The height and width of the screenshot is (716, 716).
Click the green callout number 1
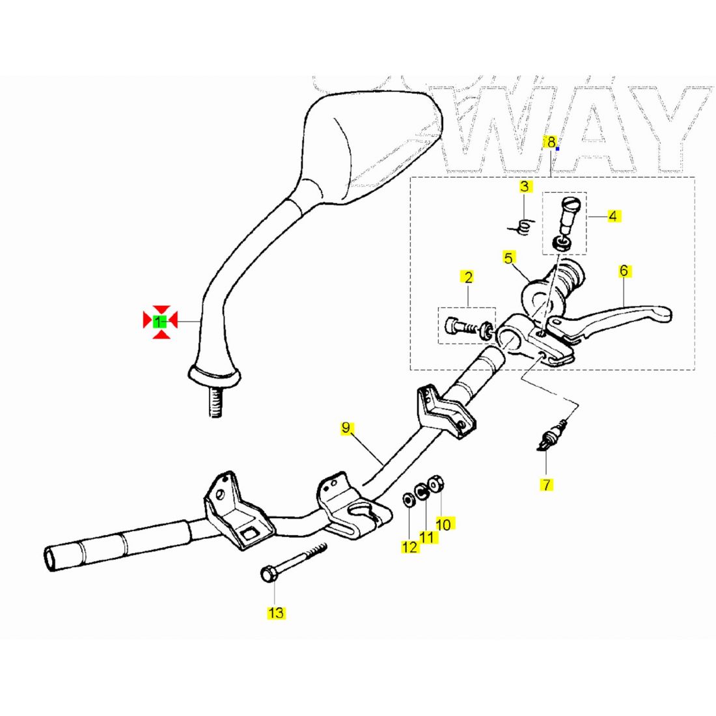tap(159, 321)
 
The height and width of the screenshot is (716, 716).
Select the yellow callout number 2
tap(467, 277)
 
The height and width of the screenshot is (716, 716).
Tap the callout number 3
tap(525, 187)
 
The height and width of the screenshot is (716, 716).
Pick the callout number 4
tap(613, 215)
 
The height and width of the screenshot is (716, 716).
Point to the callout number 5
tap(508, 258)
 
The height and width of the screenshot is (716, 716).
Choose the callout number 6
tap(624, 270)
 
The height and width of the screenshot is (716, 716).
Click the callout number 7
tap(546, 484)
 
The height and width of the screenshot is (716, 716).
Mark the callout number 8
tap(551, 142)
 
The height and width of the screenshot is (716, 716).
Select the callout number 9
tap(346, 428)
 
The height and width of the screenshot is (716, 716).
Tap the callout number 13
tap(275, 613)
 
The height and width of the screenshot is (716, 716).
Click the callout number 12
tap(409, 547)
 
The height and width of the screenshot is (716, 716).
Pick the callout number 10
tap(443, 523)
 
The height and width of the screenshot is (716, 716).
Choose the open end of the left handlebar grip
tap(51, 559)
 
